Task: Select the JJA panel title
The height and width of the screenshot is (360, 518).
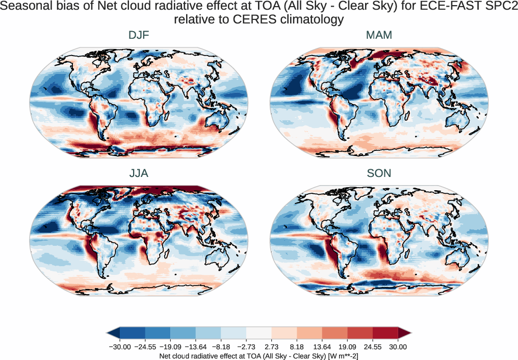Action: pos(139,173)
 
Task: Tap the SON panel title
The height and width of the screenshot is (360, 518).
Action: pos(379,173)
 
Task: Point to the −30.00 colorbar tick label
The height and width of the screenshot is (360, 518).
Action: pos(120,347)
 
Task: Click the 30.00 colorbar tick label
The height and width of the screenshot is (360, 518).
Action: pos(398,347)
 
